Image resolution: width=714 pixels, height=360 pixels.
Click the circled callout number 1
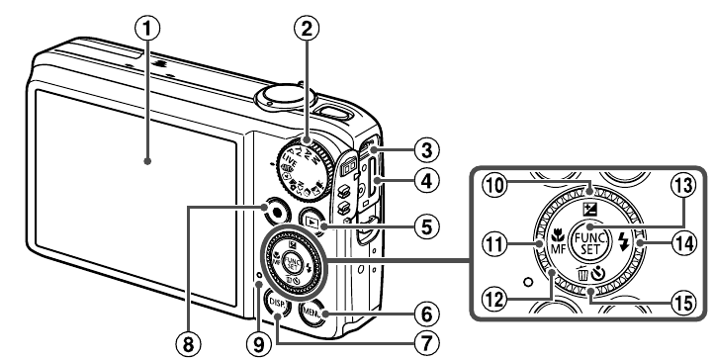pos(147,30)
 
